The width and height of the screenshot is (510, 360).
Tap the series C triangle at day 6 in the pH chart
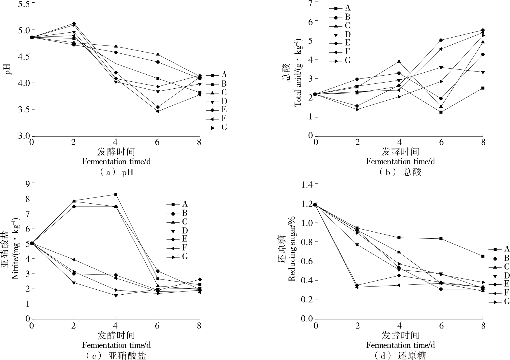coord(158,54)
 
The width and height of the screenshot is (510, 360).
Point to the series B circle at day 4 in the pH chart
coord(116,53)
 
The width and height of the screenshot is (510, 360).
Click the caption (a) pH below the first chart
coord(116,172)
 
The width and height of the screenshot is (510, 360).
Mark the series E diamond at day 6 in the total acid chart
coord(441,40)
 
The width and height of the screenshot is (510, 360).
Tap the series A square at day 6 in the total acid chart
coord(441,112)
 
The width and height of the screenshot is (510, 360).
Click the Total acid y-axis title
coord(298,72)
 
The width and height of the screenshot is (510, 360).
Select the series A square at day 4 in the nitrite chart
coord(116,194)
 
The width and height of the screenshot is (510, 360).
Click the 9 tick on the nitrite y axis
coord(28,184)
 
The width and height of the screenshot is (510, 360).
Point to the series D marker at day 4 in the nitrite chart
coord(116,296)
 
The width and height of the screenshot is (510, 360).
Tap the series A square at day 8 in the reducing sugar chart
coord(483,256)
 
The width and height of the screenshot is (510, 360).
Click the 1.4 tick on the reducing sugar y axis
coord(307,184)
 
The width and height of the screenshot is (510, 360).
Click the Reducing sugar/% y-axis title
coord(292,249)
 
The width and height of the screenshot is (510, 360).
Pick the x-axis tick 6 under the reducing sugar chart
coord(441,325)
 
